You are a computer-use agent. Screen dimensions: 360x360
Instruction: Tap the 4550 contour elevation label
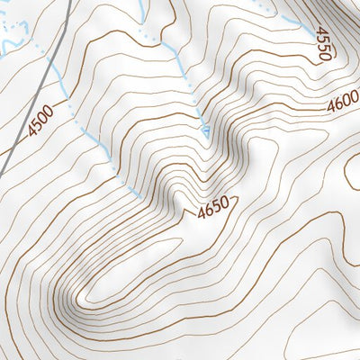(x=323, y=43)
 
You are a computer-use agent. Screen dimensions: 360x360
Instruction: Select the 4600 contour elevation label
(x=342, y=104)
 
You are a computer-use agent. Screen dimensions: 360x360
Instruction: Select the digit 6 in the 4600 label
(x=337, y=105)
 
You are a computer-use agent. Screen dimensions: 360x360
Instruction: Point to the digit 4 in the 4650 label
(x=202, y=213)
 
